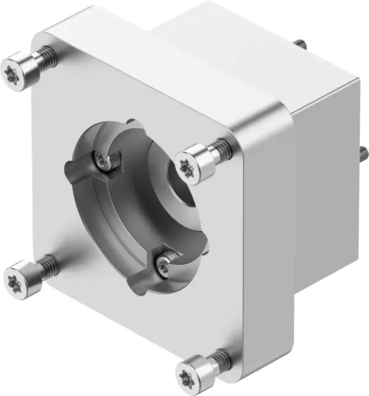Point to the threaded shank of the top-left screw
click(46, 57)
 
